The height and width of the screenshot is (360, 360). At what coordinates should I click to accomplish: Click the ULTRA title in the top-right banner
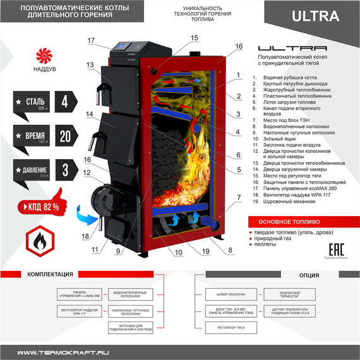click(x=313, y=16)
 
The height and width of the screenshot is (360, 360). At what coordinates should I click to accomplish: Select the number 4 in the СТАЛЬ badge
click(x=64, y=101)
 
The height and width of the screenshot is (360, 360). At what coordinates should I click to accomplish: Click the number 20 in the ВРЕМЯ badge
click(x=65, y=136)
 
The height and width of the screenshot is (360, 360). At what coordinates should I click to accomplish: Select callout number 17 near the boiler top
click(x=91, y=41)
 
